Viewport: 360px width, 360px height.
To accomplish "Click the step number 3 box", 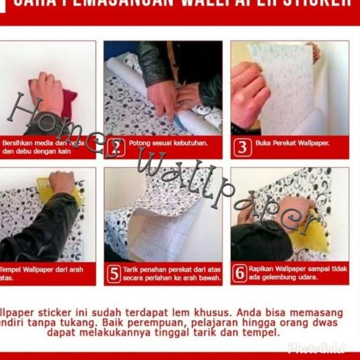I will (x=242, y=148).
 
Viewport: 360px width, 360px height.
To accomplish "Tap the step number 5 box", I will (x=114, y=274).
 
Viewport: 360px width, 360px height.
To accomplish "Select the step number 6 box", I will (x=240, y=273).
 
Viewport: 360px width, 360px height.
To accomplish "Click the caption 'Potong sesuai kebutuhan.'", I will (x=168, y=144).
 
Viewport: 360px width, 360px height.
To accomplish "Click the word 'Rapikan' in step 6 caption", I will (x=261, y=269).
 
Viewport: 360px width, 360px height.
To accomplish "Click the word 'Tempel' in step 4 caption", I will (x=13, y=270).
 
